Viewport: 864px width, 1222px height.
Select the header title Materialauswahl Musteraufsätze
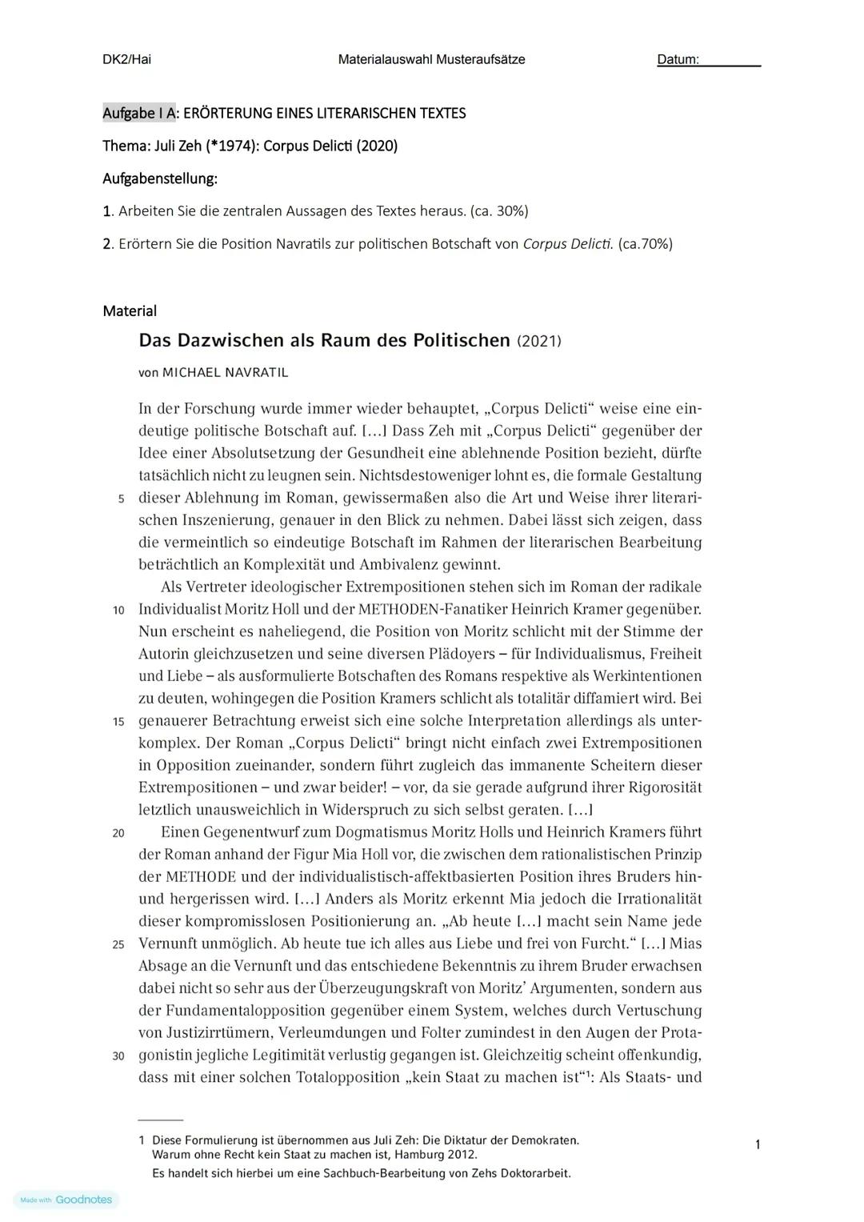pyautogui.click(x=431, y=59)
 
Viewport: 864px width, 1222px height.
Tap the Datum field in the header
pyautogui.click(x=708, y=60)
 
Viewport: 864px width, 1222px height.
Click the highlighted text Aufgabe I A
pyautogui.click(x=138, y=113)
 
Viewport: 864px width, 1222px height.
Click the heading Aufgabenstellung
pyautogui.click(x=160, y=178)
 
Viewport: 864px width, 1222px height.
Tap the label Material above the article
pyautogui.click(x=130, y=311)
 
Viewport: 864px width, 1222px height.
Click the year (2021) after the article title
pyautogui.click(x=539, y=341)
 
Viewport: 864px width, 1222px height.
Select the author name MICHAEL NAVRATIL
pyautogui.click(x=225, y=372)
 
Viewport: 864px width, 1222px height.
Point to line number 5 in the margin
pyautogui.click(x=121, y=499)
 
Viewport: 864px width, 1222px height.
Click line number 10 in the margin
pyautogui.click(x=118, y=610)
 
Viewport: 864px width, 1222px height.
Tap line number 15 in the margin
pyautogui.click(x=118, y=721)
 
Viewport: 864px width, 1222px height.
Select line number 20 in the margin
pyautogui.click(x=118, y=833)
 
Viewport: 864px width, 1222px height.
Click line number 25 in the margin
pyautogui.click(x=118, y=944)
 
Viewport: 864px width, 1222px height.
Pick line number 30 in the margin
pyautogui.click(x=118, y=1056)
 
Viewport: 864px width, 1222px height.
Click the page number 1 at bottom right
pyautogui.click(x=758, y=1145)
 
